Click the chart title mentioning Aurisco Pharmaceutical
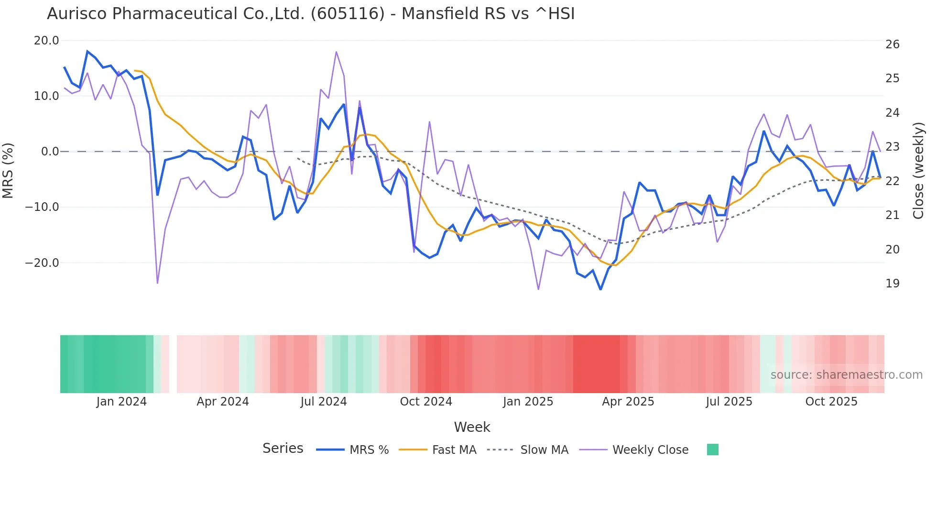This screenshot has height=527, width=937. tap(311, 14)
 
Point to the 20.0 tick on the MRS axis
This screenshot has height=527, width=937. tap(46, 41)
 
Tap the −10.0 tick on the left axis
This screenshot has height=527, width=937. tap(42, 207)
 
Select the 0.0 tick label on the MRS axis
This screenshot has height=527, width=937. tap(50, 152)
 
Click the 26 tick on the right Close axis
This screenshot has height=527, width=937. tap(892, 44)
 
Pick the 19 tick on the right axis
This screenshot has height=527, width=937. tap(892, 284)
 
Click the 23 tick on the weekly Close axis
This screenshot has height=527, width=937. tap(892, 147)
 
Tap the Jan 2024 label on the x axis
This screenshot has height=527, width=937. tap(121, 402)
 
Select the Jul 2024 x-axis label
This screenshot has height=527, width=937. tap(324, 402)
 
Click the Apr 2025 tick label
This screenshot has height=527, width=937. tap(628, 402)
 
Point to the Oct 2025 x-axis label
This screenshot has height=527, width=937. tap(831, 402)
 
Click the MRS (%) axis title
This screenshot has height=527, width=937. tap(8, 171)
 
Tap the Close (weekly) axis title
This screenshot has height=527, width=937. tap(918, 171)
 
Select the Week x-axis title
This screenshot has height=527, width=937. tap(472, 427)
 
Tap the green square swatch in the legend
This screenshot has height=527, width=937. tap(712, 450)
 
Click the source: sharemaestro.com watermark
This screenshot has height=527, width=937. tap(846, 375)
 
